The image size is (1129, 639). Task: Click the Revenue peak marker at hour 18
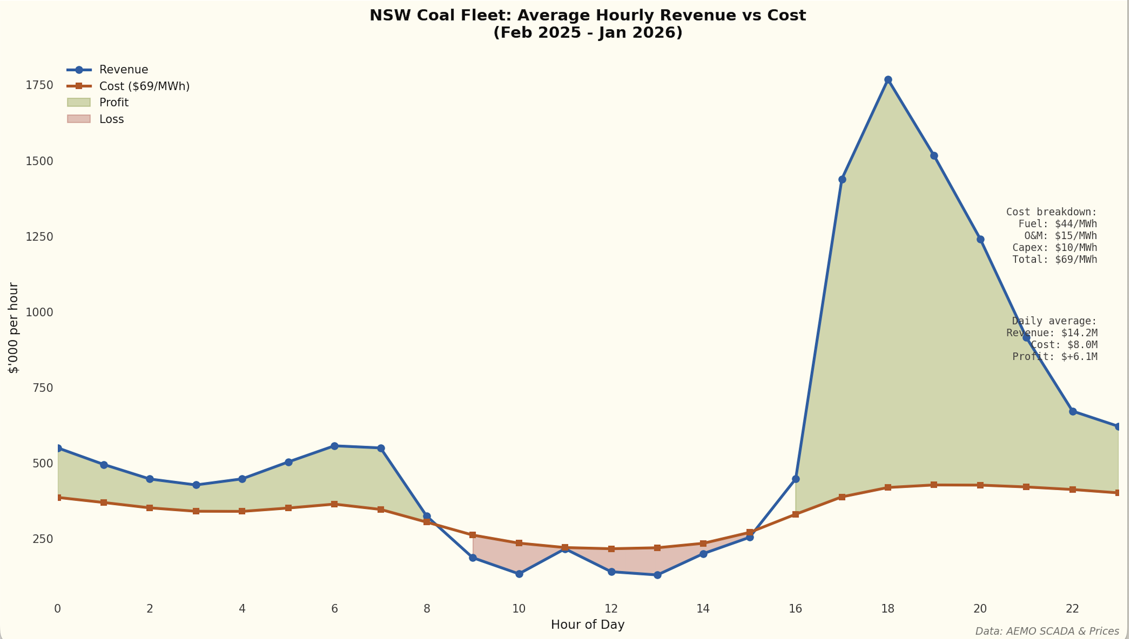pyautogui.click(x=888, y=80)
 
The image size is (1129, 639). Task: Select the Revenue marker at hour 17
pyautogui.click(x=842, y=179)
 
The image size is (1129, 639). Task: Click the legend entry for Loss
pyautogui.click(x=111, y=119)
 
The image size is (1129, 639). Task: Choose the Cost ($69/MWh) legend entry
pyautogui.click(x=144, y=86)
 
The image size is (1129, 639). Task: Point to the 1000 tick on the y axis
pyautogui.click(x=39, y=312)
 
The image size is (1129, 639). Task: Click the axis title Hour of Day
pyautogui.click(x=588, y=625)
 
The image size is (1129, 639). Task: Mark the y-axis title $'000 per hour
pyautogui.click(x=13, y=328)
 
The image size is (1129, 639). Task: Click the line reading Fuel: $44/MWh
pyautogui.click(x=1057, y=224)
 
